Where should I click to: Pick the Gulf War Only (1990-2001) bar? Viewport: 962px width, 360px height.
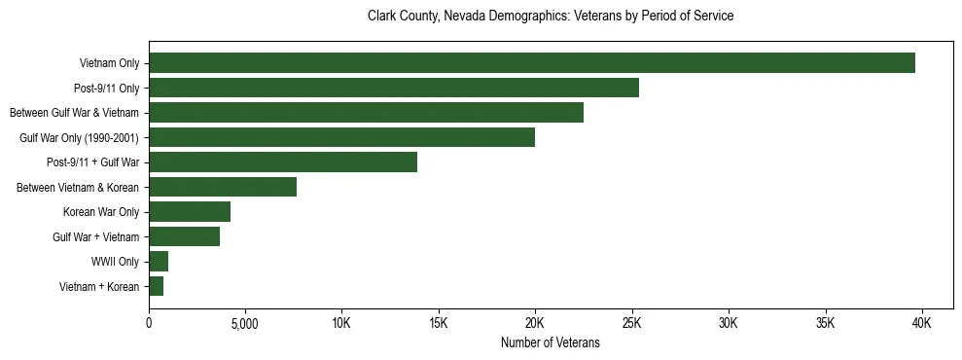click(341, 137)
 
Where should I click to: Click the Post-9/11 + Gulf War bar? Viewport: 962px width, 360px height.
click(283, 162)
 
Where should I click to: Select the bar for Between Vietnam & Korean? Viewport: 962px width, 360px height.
click(223, 187)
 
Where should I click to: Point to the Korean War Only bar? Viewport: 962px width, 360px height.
click(190, 212)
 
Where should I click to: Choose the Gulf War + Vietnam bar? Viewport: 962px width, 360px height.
click(184, 236)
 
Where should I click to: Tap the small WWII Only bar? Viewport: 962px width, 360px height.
click(159, 261)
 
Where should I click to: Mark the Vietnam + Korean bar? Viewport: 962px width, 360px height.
click(156, 286)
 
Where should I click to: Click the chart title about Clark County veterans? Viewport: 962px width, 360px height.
click(550, 17)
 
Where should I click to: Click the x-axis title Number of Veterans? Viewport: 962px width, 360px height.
click(550, 343)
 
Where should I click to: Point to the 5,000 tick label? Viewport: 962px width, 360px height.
click(245, 323)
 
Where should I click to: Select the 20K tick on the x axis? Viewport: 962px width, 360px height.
click(535, 323)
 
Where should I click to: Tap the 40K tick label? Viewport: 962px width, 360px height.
click(921, 323)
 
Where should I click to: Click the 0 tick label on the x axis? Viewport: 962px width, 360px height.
click(149, 323)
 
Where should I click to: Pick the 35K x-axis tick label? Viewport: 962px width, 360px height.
click(825, 323)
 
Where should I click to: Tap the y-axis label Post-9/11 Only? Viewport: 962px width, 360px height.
click(107, 89)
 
